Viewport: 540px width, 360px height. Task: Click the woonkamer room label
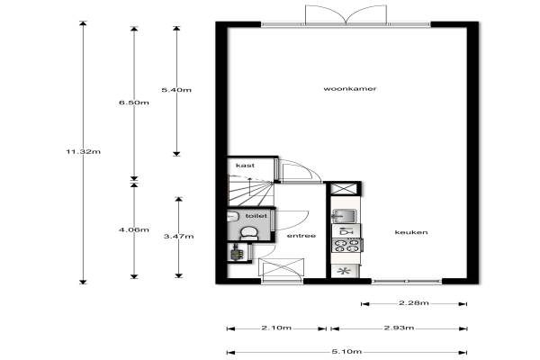pyautogui.click(x=349, y=89)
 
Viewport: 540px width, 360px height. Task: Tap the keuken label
pyautogui.click(x=411, y=232)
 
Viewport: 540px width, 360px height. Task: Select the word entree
pyautogui.click(x=301, y=236)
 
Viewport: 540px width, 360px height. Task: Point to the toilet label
pyautogui.click(x=256, y=216)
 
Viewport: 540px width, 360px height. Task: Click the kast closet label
pyautogui.click(x=245, y=166)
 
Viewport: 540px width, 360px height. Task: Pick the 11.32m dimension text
pyautogui.click(x=84, y=151)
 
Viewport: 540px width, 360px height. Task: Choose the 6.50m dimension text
pyautogui.click(x=134, y=103)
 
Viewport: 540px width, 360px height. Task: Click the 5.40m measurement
pyautogui.click(x=176, y=90)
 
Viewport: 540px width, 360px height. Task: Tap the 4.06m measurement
pyautogui.click(x=134, y=229)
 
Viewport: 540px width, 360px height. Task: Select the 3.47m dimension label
pyautogui.click(x=178, y=237)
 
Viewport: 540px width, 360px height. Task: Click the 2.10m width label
pyautogui.click(x=276, y=328)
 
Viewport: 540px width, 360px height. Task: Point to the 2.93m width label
pyautogui.click(x=399, y=328)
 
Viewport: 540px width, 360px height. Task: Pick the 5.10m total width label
pyautogui.click(x=346, y=352)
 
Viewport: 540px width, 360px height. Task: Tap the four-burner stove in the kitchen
pyautogui.click(x=346, y=246)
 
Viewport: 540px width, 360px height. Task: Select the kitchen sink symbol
pyautogui.click(x=345, y=216)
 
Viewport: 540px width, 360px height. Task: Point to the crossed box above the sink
pyautogui.click(x=344, y=189)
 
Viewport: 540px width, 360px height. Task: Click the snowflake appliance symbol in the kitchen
pyautogui.click(x=344, y=271)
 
